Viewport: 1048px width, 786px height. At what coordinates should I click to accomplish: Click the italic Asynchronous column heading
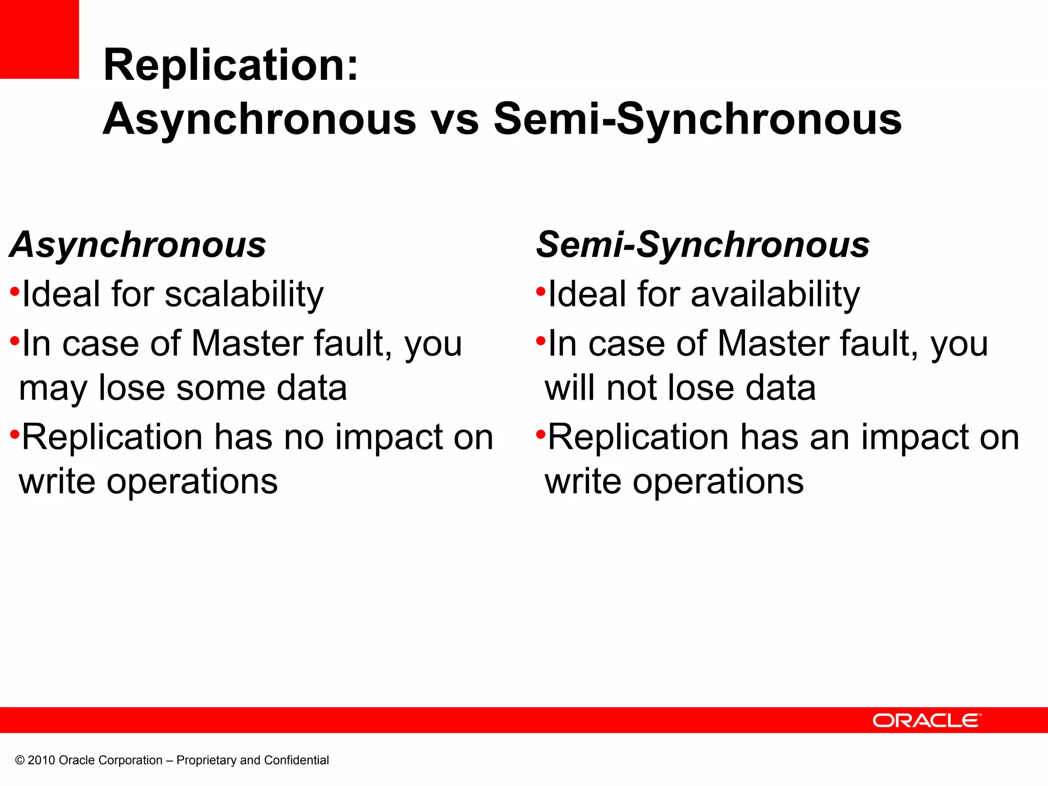[x=138, y=246]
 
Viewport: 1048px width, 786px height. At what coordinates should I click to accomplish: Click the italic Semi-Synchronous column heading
[x=703, y=246]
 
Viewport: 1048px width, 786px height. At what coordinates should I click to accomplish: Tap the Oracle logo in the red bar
[x=927, y=720]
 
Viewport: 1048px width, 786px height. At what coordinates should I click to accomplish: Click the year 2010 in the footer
[x=41, y=760]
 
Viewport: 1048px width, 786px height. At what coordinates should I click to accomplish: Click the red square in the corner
[x=39, y=39]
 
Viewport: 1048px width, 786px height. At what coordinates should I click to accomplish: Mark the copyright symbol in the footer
[x=20, y=760]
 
